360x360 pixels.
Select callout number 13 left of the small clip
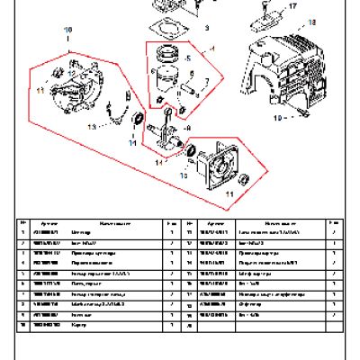[91, 128]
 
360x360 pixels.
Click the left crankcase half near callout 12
[81, 94]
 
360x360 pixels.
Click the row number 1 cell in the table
[22, 232]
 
